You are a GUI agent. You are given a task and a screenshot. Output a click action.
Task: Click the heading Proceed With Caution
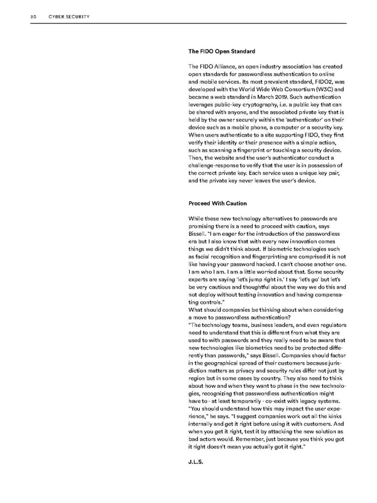[217, 203]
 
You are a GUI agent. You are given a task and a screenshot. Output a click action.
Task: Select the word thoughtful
[261, 287]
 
